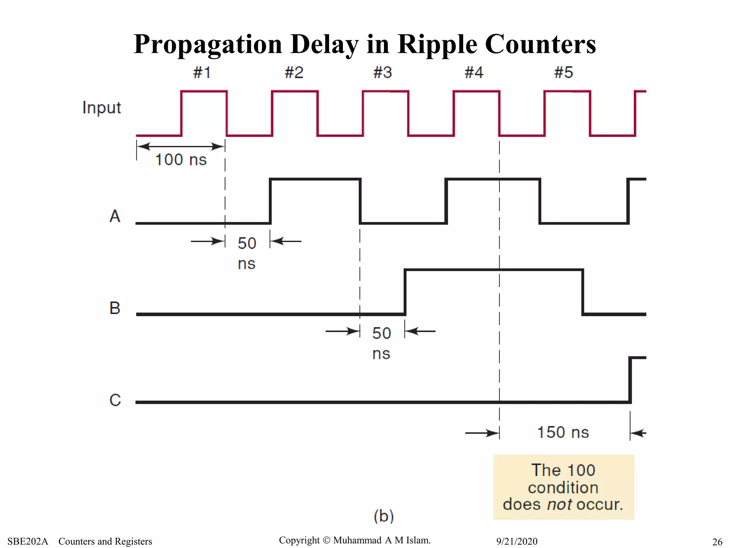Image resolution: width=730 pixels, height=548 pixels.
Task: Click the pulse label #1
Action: pyautogui.click(x=202, y=73)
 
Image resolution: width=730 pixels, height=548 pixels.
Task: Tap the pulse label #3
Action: pyautogui.click(x=382, y=73)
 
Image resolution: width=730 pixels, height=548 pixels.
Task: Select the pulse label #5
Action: pyautogui.click(x=564, y=73)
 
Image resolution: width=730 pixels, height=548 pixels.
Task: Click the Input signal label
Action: pyautogui.click(x=102, y=108)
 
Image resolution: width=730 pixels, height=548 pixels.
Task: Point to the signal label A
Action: pyautogui.click(x=115, y=216)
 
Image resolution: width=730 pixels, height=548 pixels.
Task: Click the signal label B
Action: pyautogui.click(x=115, y=308)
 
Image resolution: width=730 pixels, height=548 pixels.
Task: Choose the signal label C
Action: pyautogui.click(x=115, y=400)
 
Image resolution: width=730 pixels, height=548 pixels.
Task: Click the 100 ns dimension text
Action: pyautogui.click(x=181, y=159)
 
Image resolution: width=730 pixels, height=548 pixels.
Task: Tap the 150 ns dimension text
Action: pyautogui.click(x=563, y=432)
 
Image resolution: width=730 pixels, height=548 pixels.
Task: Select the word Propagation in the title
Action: pyautogui.click(x=208, y=45)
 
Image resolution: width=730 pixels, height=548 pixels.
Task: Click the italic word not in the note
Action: pyautogui.click(x=559, y=504)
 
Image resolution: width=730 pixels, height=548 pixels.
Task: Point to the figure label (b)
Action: pyautogui.click(x=384, y=516)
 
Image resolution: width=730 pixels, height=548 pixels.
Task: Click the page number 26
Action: pyautogui.click(x=717, y=542)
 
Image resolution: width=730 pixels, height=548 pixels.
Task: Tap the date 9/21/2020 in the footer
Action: pyautogui.click(x=517, y=541)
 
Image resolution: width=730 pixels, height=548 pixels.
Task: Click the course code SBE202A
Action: pyautogui.click(x=28, y=541)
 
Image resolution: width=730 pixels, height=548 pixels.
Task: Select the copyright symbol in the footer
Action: pyautogui.click(x=326, y=541)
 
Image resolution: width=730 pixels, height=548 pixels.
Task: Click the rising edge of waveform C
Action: pyautogui.click(x=630, y=380)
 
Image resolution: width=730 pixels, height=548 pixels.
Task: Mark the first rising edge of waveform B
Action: pyautogui.click(x=405, y=292)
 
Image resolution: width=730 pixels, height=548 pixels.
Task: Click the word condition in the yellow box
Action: pyautogui.click(x=563, y=488)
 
